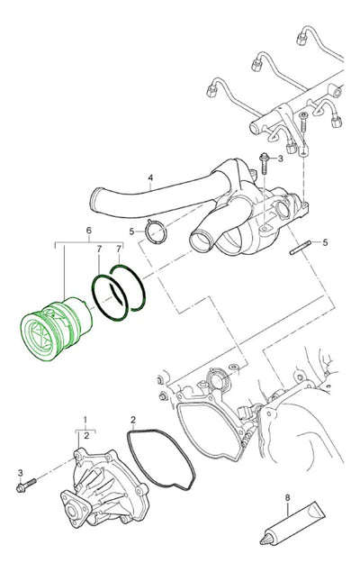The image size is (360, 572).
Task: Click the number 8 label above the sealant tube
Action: pyautogui.click(x=287, y=497)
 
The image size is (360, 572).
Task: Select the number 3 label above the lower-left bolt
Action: pyautogui.click(x=21, y=473)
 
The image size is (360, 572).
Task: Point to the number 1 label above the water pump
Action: pyautogui.click(x=85, y=419)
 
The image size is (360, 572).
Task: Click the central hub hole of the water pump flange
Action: pyautogui.click(x=71, y=512)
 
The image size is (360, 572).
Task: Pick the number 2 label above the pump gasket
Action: pyautogui.click(x=133, y=420)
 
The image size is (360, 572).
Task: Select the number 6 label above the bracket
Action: pyautogui.click(x=89, y=231)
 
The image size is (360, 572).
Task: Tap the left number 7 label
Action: pyautogui.click(x=99, y=250)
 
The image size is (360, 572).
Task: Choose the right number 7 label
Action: pyautogui.click(x=119, y=250)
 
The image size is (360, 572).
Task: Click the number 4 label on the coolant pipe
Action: pyautogui.click(x=150, y=177)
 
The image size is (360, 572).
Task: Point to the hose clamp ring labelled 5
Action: pyautogui.click(x=156, y=232)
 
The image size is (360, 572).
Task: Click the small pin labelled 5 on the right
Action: pyautogui.click(x=301, y=248)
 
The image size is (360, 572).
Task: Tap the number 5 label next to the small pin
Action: pyautogui.click(x=326, y=242)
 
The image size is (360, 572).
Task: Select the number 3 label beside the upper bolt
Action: pyautogui.click(x=280, y=159)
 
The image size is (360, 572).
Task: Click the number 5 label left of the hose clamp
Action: pyautogui.click(x=131, y=232)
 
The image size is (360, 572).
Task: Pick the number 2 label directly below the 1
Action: pyautogui.click(x=86, y=435)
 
